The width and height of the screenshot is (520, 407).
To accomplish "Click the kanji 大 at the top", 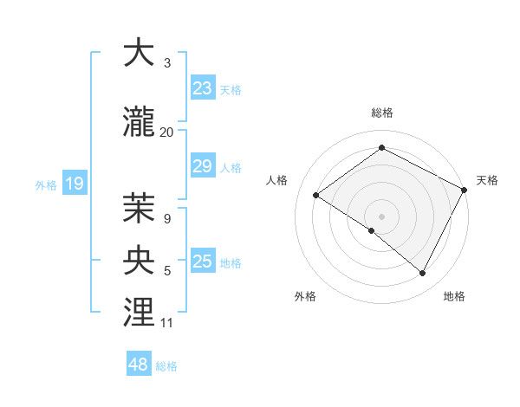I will tap(139, 53).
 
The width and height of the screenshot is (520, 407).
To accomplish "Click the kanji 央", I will tap(139, 261).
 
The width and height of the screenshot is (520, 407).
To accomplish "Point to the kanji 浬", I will tap(139, 313).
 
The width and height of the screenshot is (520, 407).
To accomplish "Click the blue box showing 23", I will tap(203, 88).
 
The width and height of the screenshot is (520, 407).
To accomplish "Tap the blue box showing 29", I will tap(203, 166).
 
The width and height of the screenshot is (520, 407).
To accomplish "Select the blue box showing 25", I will tap(203, 262).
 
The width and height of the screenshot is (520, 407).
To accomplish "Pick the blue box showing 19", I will tap(74, 184).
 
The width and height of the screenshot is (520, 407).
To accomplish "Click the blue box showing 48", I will tap(139, 365).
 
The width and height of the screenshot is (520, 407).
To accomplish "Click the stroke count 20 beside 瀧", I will tap(167, 132).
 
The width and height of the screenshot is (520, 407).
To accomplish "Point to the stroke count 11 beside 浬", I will tap(167, 323).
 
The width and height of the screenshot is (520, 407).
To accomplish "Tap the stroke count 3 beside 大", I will tap(167, 63).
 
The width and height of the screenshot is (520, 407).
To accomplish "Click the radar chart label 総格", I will tap(381, 113).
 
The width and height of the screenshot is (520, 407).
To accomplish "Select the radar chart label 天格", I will tap(487, 180).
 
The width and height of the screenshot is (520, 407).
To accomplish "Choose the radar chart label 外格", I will tap(305, 296).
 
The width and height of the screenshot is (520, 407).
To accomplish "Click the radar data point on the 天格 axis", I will tap(465, 190).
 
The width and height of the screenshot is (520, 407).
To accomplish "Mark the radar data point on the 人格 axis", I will tap(316, 195).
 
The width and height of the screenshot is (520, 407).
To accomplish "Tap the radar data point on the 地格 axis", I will tap(423, 273).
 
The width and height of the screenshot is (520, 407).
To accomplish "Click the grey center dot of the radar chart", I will tap(381, 216).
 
